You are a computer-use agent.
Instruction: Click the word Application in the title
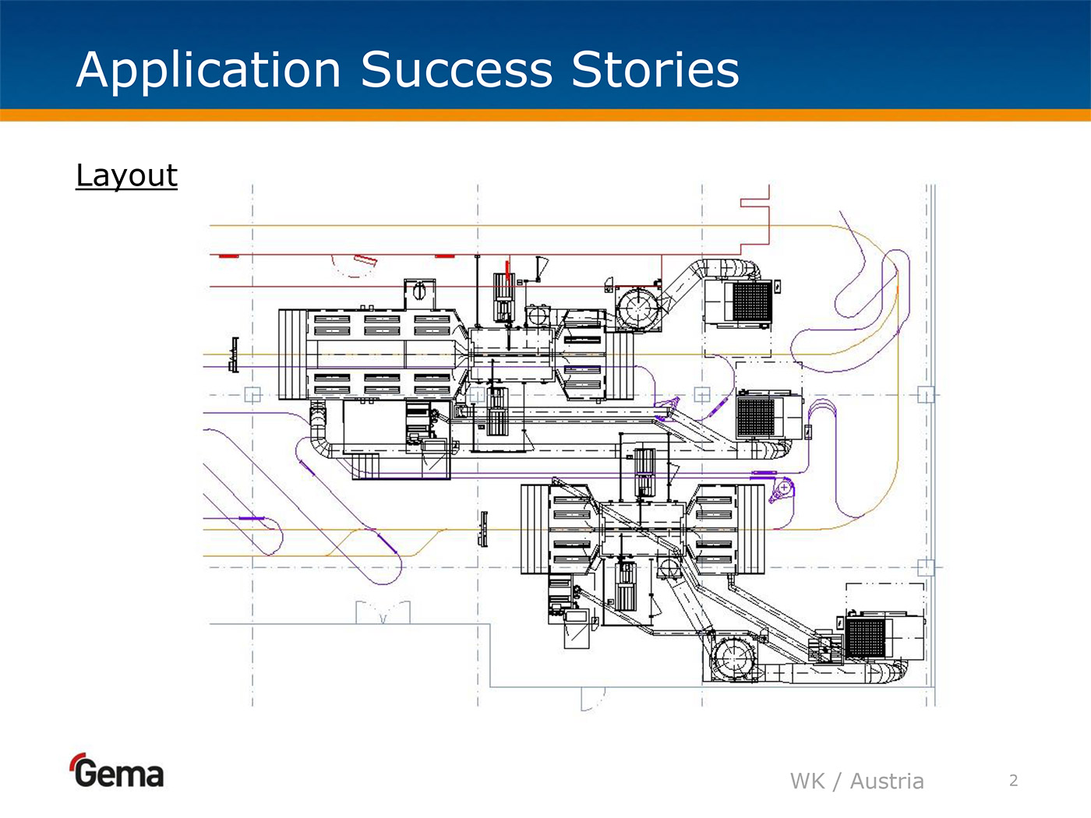point(209,70)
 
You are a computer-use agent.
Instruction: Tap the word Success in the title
point(456,70)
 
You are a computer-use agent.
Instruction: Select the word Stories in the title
point(655,70)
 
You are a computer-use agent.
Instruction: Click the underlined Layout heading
point(126,175)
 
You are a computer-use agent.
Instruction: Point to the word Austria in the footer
point(887,781)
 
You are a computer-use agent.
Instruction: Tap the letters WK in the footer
point(807,781)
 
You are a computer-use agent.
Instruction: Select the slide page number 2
point(1013,780)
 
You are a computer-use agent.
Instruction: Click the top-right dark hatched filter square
point(752,301)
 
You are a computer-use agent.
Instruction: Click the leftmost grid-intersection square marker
point(252,394)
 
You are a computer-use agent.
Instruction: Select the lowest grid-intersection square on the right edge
point(926,567)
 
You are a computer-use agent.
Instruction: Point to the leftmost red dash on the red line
point(228,256)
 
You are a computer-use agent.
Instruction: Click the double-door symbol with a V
point(383,613)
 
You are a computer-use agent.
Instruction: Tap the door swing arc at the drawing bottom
point(592,699)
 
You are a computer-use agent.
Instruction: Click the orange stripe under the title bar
point(545,115)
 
